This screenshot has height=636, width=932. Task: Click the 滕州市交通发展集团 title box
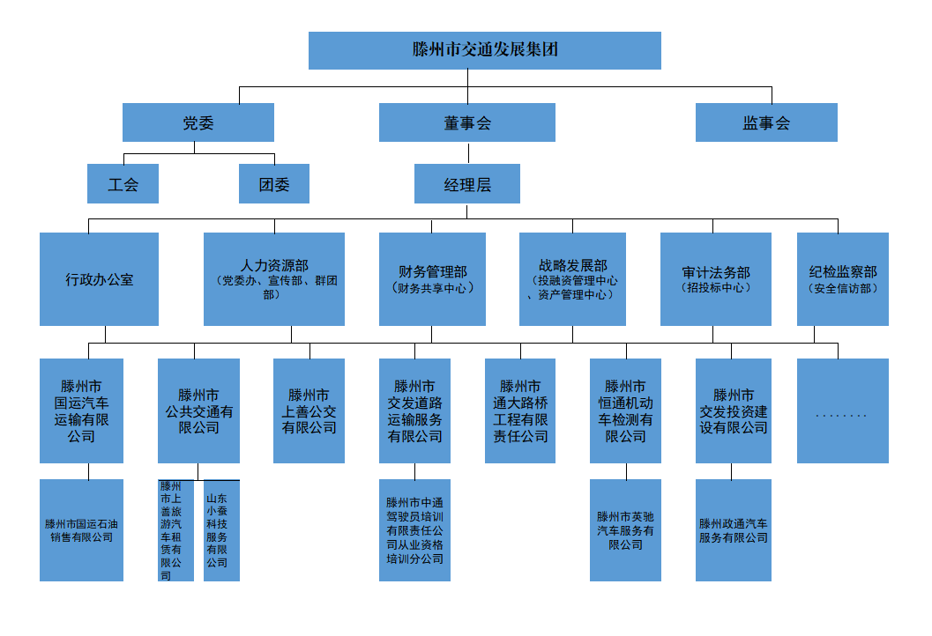484,50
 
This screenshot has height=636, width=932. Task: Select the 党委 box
198,122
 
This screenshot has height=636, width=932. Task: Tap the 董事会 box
466,122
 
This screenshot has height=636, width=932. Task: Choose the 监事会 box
765,122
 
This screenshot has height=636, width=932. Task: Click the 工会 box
123,184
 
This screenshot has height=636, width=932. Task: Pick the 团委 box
273,184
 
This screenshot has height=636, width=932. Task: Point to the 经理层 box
466,184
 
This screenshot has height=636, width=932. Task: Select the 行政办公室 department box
99,279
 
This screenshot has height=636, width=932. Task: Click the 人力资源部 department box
273,279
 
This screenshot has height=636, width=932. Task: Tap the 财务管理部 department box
432,279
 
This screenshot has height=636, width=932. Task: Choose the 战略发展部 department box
572,279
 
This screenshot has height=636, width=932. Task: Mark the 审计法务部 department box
715,279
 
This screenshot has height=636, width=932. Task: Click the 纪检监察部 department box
842,279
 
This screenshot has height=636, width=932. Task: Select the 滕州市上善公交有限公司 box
309,410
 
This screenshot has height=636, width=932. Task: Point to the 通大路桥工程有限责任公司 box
519,410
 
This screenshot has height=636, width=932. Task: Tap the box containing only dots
842,410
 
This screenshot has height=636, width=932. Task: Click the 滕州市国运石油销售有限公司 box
81,530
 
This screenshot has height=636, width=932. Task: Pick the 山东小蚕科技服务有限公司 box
221,530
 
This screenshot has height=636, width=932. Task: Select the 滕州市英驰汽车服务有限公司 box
625,530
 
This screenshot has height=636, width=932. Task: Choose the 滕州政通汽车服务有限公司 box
733,530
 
